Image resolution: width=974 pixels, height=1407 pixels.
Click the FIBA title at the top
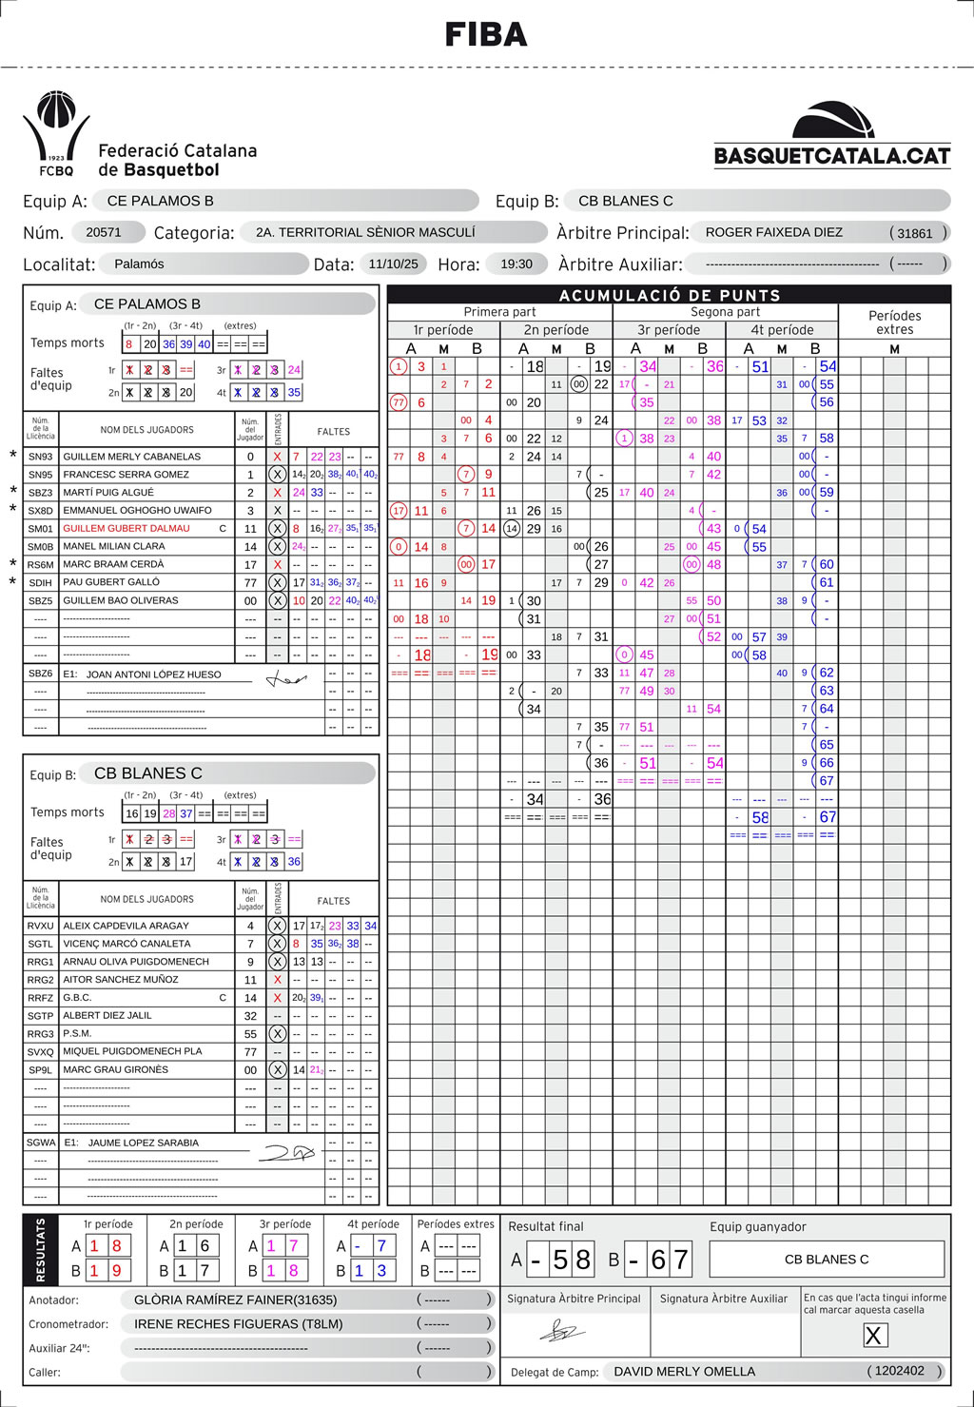click(x=486, y=35)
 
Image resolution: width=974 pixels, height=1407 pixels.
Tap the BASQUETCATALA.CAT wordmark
click(x=832, y=156)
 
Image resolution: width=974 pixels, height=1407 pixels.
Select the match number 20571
click(x=104, y=232)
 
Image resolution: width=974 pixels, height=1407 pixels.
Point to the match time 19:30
click(x=516, y=264)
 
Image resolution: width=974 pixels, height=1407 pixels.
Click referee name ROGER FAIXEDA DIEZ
click(x=773, y=232)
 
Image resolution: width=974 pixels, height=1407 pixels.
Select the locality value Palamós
click(x=139, y=264)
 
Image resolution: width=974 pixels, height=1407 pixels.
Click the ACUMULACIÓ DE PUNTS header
click(x=669, y=295)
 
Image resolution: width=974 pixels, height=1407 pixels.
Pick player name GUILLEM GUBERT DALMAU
click(x=127, y=528)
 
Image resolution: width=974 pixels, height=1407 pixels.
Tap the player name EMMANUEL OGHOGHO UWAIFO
click(x=137, y=510)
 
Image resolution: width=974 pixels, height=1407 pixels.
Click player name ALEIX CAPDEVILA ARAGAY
click(x=126, y=925)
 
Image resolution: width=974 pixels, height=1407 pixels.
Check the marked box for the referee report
click(x=873, y=1336)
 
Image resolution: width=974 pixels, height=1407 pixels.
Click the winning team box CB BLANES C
click(x=826, y=1259)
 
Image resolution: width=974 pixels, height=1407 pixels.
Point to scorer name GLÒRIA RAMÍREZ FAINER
click(x=235, y=1300)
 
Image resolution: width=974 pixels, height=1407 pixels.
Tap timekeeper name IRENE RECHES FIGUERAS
click(x=238, y=1323)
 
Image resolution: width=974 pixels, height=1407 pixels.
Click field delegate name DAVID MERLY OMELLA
click(x=684, y=1371)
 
